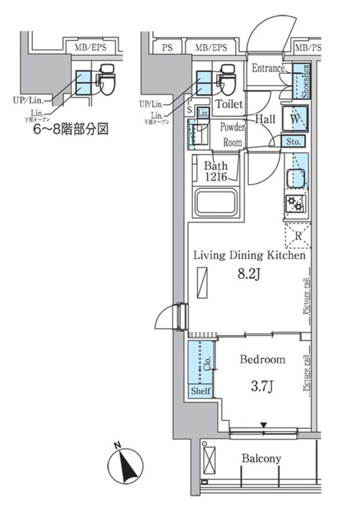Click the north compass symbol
[x=127, y=465]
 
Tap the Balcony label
[x=261, y=459]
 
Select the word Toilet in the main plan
[x=229, y=104]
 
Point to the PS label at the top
[x=167, y=47]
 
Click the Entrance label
[x=268, y=67]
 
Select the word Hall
[x=265, y=119]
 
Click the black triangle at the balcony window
[x=263, y=426]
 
